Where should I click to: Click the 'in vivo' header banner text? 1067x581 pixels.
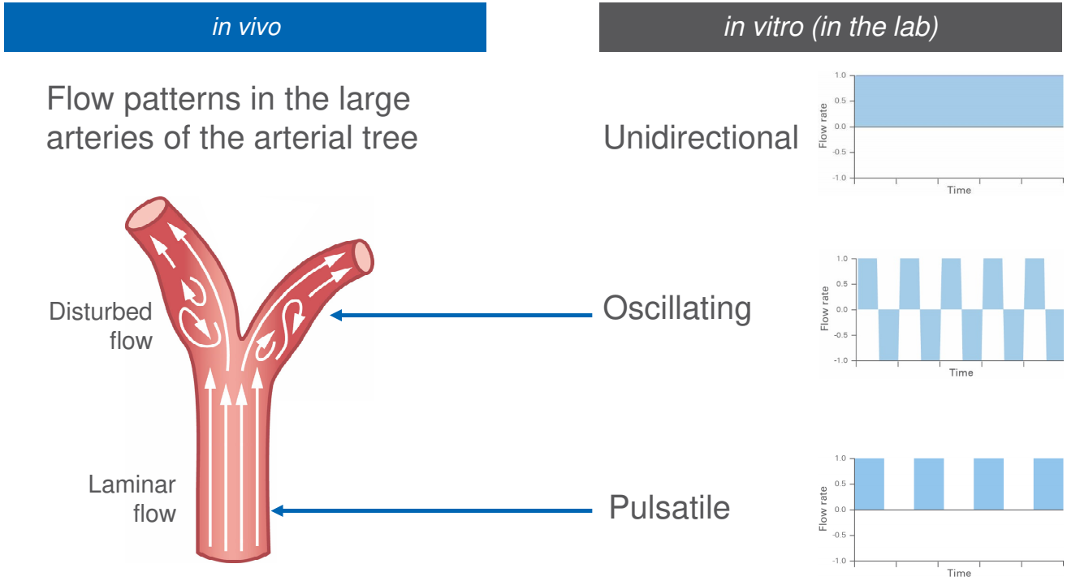click(246, 27)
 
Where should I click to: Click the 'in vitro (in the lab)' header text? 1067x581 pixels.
click(831, 27)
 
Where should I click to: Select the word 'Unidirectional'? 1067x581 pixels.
click(701, 138)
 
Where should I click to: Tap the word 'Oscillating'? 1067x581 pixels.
click(676, 308)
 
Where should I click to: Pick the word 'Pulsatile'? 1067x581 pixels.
click(669, 508)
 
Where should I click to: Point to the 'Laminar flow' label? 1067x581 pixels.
click(132, 499)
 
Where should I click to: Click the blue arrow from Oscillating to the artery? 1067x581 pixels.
click(463, 315)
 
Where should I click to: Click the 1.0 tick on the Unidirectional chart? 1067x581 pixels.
click(840, 75)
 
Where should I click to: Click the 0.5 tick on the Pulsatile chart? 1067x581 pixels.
click(840, 484)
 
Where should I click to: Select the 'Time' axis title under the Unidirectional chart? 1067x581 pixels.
click(959, 191)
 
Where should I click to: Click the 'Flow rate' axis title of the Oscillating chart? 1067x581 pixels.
click(824, 309)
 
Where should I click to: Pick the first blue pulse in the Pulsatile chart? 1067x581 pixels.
click(870, 484)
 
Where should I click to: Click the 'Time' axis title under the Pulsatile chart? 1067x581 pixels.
click(959, 573)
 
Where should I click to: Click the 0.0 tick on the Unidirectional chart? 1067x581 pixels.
click(840, 127)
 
